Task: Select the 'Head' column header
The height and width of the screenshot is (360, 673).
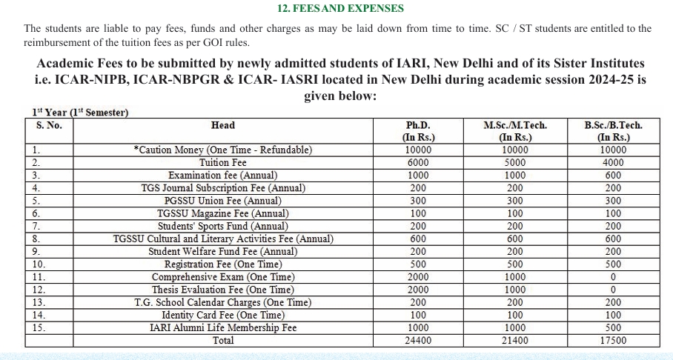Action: pyautogui.click(x=222, y=125)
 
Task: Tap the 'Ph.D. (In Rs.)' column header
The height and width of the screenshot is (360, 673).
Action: pyautogui.click(x=418, y=131)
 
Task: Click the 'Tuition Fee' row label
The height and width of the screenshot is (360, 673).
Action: pyautogui.click(x=222, y=163)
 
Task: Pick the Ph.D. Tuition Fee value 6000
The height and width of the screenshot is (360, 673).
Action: pyautogui.click(x=418, y=163)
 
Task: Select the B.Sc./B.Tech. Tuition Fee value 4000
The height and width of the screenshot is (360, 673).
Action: pyautogui.click(x=613, y=163)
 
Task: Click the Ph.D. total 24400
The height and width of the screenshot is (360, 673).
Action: pyautogui.click(x=418, y=341)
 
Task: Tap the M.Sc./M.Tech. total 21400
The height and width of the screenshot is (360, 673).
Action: pyautogui.click(x=514, y=341)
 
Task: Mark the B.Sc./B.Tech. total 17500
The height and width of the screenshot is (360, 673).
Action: pyautogui.click(x=613, y=341)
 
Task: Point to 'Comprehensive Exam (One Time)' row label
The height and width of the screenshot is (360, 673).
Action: pyautogui.click(x=222, y=277)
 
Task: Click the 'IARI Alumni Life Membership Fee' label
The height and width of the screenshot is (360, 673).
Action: pyautogui.click(x=222, y=328)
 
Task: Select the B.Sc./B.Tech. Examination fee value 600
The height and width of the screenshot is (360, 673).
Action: pyautogui.click(x=613, y=176)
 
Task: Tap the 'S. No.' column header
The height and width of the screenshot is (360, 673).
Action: pyautogui.click(x=49, y=125)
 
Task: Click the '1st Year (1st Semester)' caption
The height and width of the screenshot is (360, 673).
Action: pyautogui.click(x=80, y=113)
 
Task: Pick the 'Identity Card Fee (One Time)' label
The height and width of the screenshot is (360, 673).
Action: pyautogui.click(x=222, y=316)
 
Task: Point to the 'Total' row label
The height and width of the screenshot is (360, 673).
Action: pyautogui.click(x=222, y=341)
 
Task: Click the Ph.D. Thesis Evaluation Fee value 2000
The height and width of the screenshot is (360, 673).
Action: pyautogui.click(x=418, y=290)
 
